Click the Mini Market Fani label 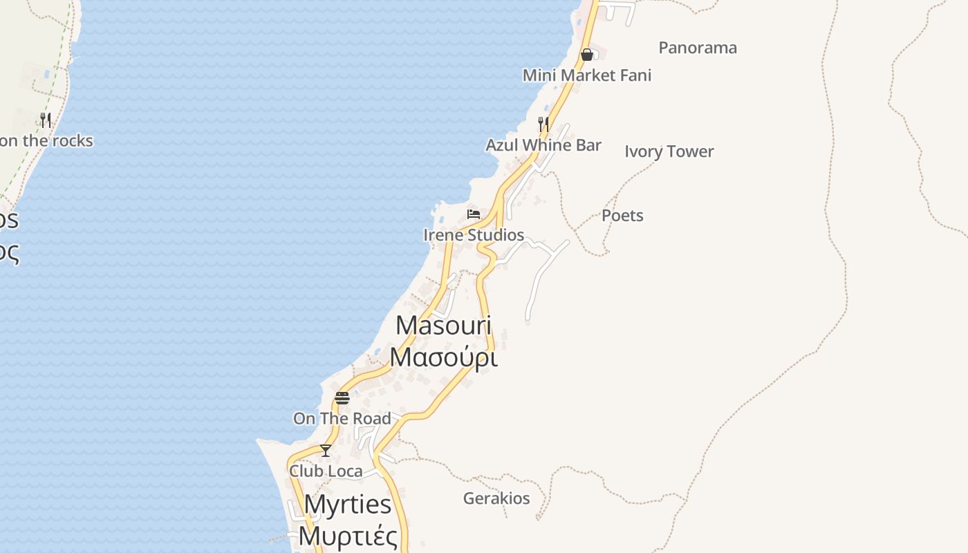[x=586, y=75]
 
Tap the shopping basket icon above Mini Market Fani [x=587, y=55]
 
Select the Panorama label [x=697, y=48]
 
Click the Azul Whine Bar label [x=543, y=145]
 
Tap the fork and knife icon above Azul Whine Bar [x=543, y=124]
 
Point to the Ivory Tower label [x=669, y=151]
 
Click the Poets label [x=622, y=216]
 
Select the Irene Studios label [x=474, y=235]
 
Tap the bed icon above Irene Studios [x=474, y=214]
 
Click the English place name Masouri [x=443, y=326]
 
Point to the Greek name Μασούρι [x=443, y=357]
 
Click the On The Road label [x=342, y=418]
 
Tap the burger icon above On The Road [x=342, y=397]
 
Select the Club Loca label [x=326, y=471]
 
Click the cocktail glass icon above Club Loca [x=326, y=451]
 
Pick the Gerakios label [x=496, y=498]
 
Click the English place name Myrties [x=348, y=505]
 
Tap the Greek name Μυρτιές [x=348, y=536]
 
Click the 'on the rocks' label [x=46, y=141]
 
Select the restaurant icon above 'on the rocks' [x=46, y=120]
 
